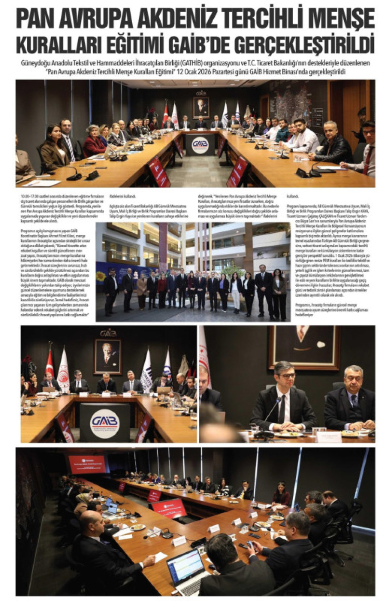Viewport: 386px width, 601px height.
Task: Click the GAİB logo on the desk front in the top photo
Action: point(200,145)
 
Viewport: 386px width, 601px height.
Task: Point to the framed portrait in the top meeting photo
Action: point(201,107)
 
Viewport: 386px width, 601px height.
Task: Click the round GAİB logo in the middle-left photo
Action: point(104,423)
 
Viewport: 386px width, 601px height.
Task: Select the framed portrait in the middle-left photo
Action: point(108,356)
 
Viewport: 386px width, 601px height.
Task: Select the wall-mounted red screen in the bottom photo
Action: point(87,464)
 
